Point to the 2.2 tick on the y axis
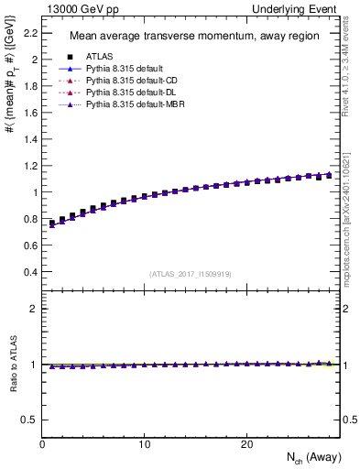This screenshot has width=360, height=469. pyautogui.click(x=30, y=33)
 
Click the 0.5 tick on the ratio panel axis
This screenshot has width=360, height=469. pyautogui.click(x=30, y=420)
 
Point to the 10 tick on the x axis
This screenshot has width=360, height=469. pyautogui.click(x=144, y=443)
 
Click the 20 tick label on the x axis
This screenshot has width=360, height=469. pyautogui.click(x=245, y=443)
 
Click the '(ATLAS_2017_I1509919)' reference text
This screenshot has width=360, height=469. pyautogui.click(x=191, y=273)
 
